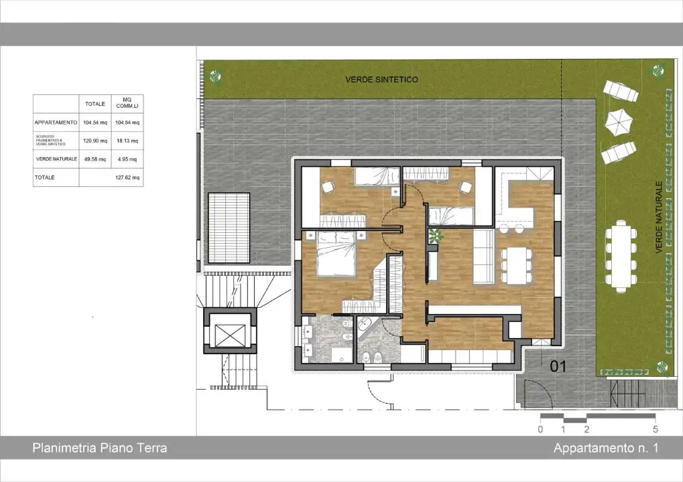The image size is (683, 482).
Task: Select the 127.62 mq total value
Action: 126,178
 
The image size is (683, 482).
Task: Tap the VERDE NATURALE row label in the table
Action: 56,159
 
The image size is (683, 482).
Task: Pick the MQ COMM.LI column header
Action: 126,104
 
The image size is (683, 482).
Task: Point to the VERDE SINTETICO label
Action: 381,80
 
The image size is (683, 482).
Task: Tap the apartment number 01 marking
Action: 558,366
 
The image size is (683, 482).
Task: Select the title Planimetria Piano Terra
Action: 99,449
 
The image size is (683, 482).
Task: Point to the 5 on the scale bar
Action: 655,430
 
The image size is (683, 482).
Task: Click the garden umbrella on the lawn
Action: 619,120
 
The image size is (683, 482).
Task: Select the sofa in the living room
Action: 482,257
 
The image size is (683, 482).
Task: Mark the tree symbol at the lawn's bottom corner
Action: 662,367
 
